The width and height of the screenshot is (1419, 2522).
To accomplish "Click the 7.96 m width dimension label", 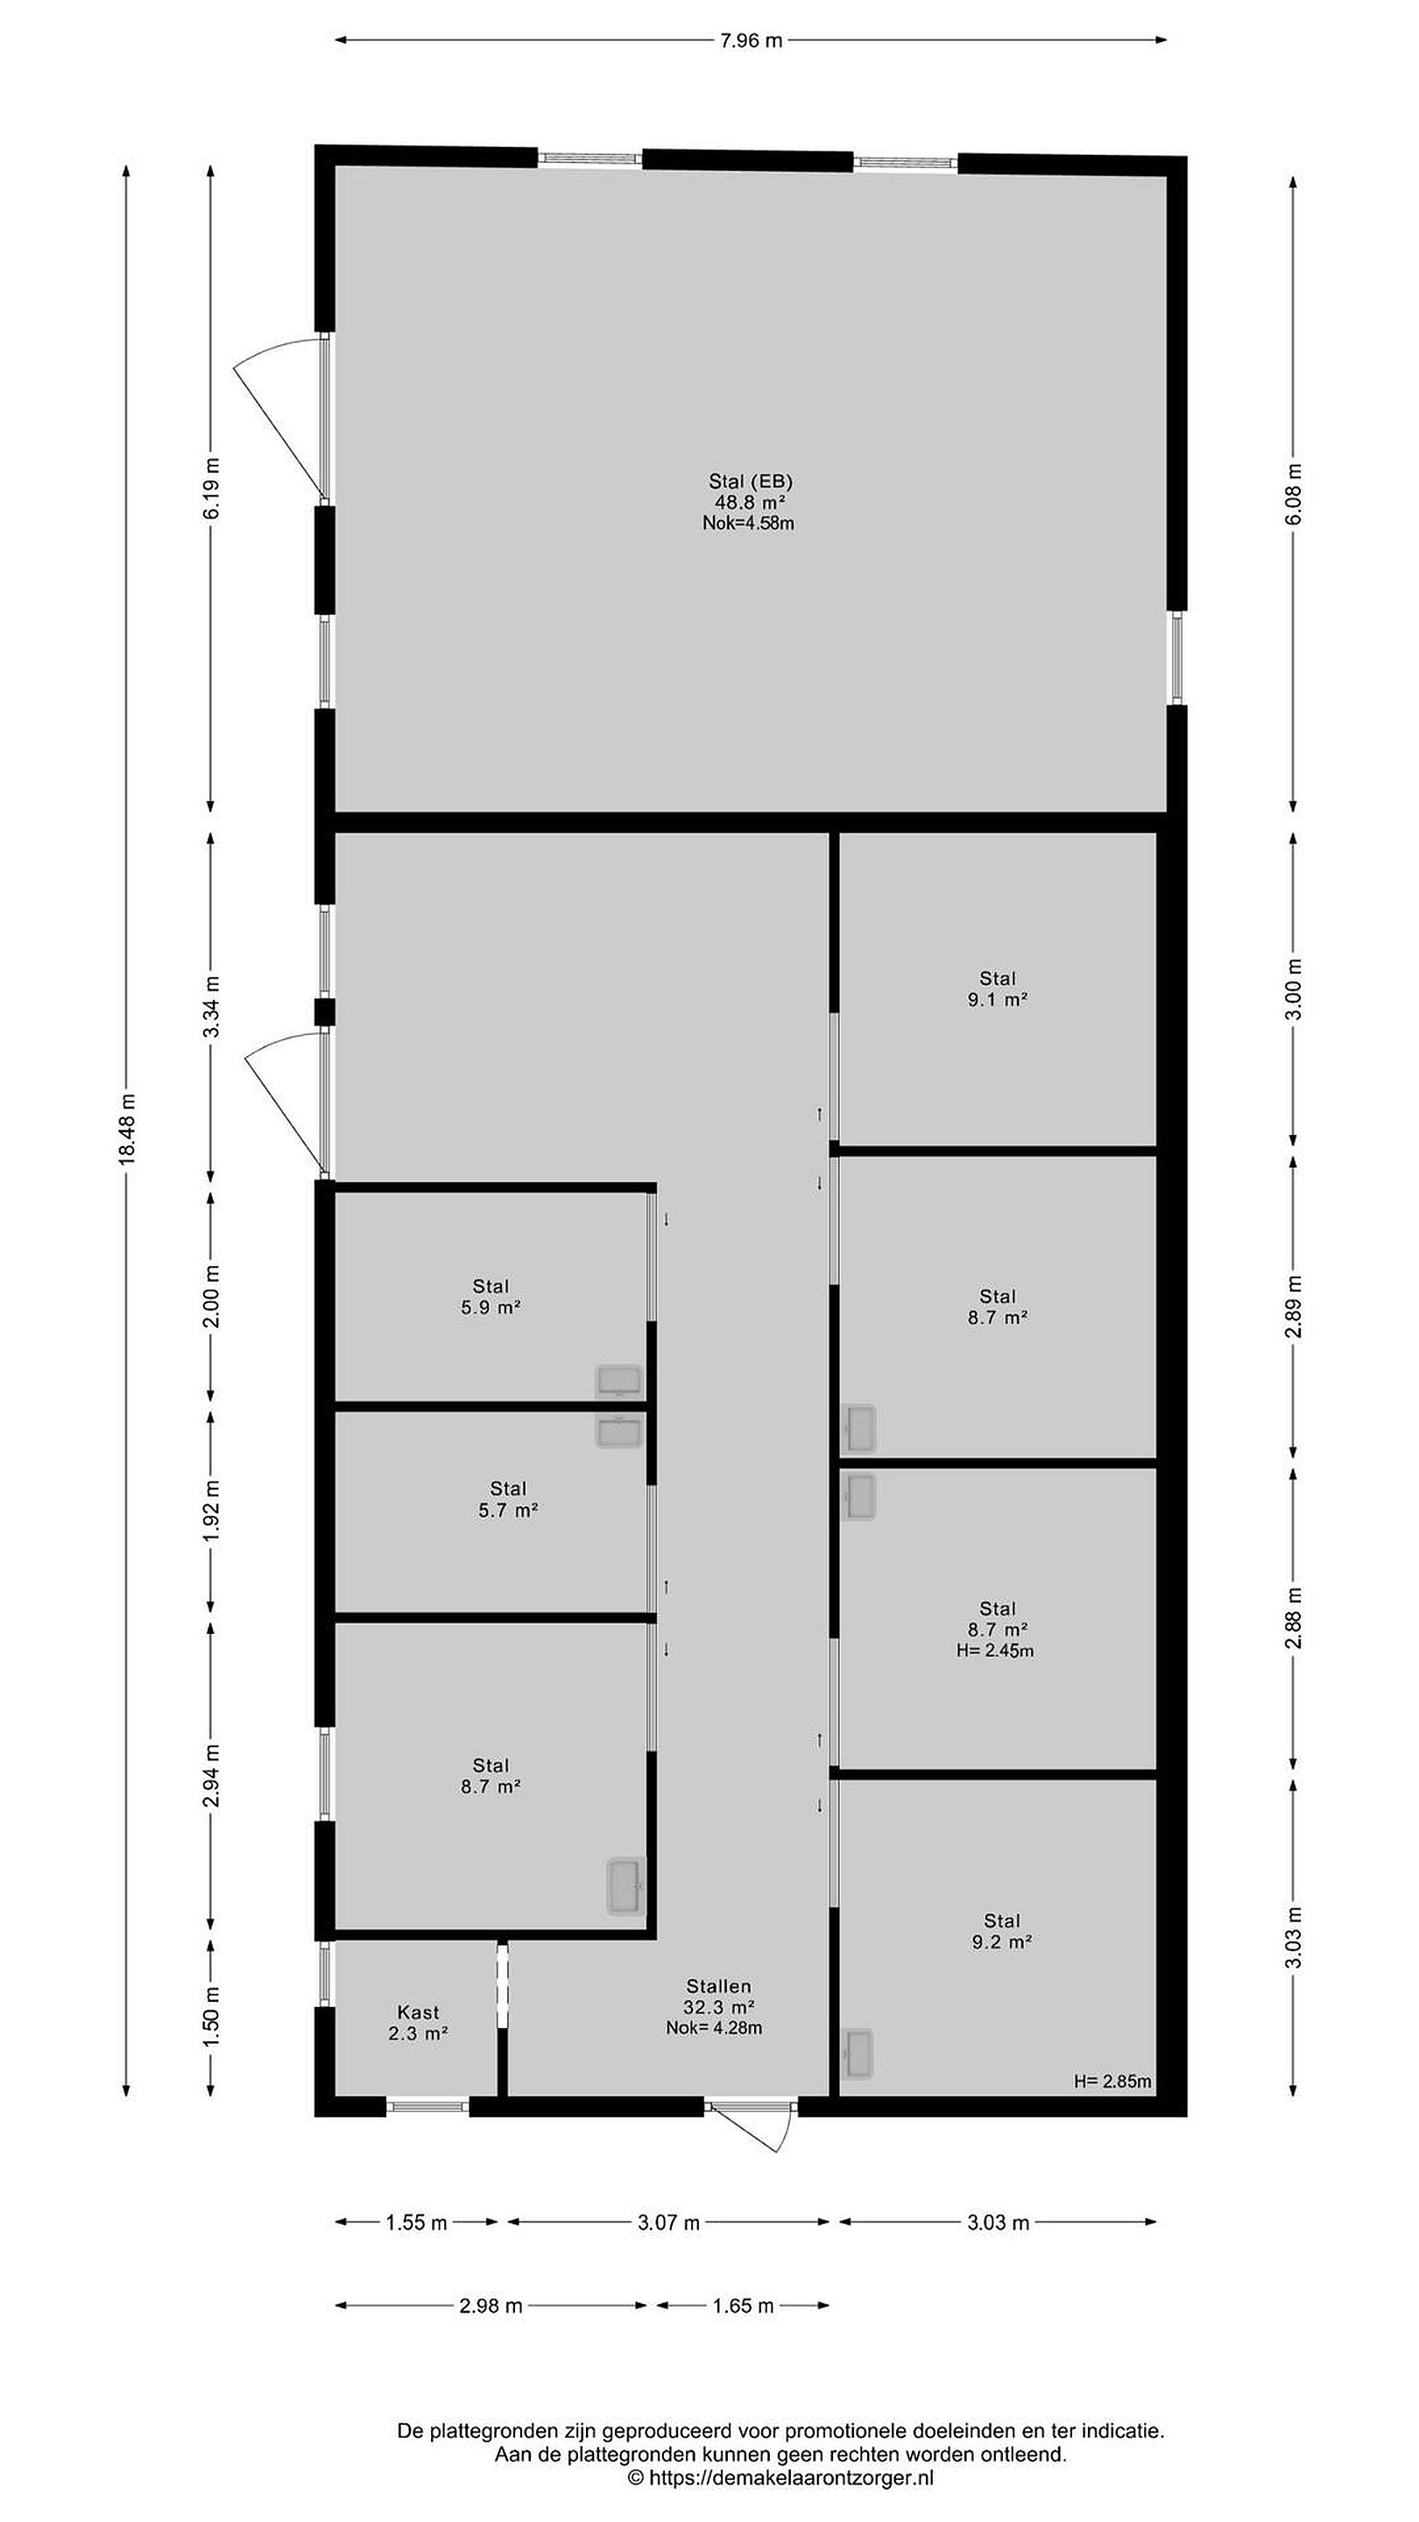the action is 752,40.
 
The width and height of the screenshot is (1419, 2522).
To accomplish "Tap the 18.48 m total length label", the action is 126,1129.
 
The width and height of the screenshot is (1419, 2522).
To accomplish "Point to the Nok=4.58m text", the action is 748,523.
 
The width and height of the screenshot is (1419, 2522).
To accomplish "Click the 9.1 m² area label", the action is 998,999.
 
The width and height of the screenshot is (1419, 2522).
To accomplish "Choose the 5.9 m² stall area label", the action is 491,1307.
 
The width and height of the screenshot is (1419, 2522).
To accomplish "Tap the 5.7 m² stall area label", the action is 508,1511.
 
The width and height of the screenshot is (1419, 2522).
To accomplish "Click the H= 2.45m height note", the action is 995,1651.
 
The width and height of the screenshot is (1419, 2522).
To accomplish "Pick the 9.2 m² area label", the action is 1002,1941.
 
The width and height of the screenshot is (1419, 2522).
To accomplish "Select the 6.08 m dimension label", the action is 1294,492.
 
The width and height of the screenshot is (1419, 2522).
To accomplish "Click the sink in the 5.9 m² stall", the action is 619,1380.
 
